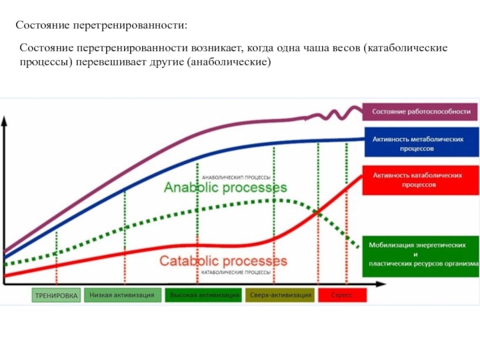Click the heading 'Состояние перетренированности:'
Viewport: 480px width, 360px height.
click(x=101, y=26)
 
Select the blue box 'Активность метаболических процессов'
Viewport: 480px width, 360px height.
click(x=421, y=143)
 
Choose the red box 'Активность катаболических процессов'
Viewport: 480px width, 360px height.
click(x=421, y=180)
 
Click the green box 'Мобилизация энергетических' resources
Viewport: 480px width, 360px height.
click(x=421, y=254)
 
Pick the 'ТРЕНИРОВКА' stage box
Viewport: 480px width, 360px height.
click(x=56, y=296)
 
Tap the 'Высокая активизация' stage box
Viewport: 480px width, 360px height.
click(x=204, y=295)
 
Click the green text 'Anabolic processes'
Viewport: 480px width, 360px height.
click(x=225, y=188)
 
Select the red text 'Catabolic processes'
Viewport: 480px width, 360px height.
click(x=223, y=262)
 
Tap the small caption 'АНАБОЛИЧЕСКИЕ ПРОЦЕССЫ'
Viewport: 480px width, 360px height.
click(x=236, y=178)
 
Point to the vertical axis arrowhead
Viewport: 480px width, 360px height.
click(x=5, y=120)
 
